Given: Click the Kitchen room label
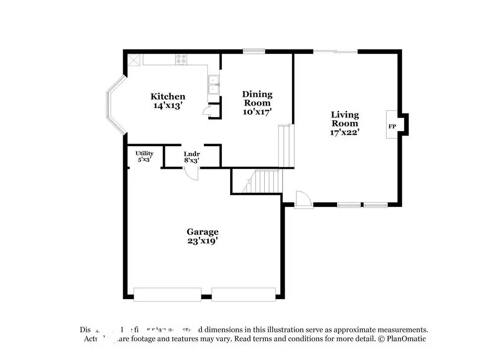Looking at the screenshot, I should [168, 97].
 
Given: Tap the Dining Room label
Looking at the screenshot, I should [257, 99].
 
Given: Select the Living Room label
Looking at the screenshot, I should [345, 119].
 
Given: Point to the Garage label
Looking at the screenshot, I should [202, 232].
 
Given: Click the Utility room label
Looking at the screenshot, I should [145, 154].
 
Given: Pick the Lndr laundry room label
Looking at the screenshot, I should [192, 154].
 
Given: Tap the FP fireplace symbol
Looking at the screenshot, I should [392, 126].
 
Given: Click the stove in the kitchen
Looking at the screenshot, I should [181, 59].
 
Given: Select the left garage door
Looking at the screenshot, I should [167, 294].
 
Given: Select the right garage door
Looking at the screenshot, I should [244, 294].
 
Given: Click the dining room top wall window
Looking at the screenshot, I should [253, 51].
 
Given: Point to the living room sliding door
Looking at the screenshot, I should [336, 51].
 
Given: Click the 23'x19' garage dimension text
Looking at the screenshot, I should [202, 241].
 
